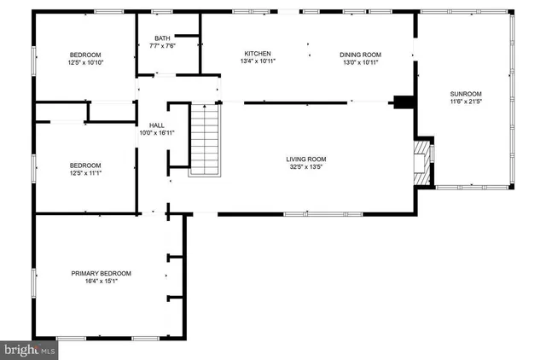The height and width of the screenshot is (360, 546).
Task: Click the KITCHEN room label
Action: click(258, 54)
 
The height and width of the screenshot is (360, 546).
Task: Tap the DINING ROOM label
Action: click(361, 54)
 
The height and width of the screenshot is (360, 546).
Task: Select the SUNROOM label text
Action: click(467, 94)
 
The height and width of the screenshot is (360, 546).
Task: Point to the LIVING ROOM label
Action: click(305, 160)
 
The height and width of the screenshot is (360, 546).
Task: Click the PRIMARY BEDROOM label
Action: click(101, 273)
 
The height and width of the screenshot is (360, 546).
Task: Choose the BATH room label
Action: click(162, 38)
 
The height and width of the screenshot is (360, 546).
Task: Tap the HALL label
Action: click(157, 125)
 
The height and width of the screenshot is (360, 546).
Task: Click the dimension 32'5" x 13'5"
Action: click(305, 167)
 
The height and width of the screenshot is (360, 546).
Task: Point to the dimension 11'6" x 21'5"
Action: click(467, 102)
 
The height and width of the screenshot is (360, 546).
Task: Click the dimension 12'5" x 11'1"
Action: click(84, 173)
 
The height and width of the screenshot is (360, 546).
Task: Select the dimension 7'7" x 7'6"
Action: click(162, 47)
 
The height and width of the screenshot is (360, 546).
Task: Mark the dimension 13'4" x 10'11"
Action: click(258, 62)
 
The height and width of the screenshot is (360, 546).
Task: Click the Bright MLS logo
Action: click(29, 350)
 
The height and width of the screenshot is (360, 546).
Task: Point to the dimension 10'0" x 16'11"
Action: click(157, 133)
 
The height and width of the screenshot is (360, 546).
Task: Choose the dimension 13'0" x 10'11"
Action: click(361, 62)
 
